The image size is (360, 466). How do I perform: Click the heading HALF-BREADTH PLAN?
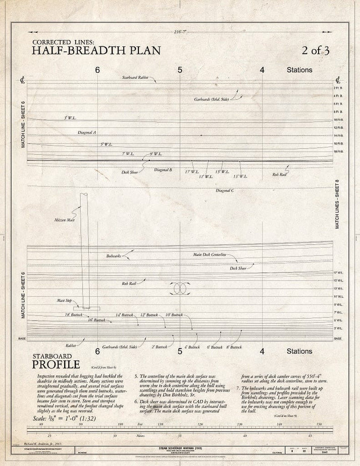tap(96, 50)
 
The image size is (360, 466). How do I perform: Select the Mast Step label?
tap(65, 300)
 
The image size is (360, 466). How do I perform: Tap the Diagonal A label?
tap(87, 132)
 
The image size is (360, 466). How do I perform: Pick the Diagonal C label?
tap(224, 190)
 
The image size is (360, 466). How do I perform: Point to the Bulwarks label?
tap(114, 256)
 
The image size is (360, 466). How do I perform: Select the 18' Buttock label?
tap(73, 315)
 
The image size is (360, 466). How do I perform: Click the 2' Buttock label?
tap(160, 347)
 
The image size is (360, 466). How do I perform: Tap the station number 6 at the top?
tap(97, 70)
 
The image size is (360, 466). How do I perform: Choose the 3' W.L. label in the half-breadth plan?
tap(69, 118)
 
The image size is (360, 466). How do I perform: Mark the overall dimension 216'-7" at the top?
tap(179, 32)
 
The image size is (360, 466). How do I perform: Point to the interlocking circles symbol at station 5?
tap(180, 289)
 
